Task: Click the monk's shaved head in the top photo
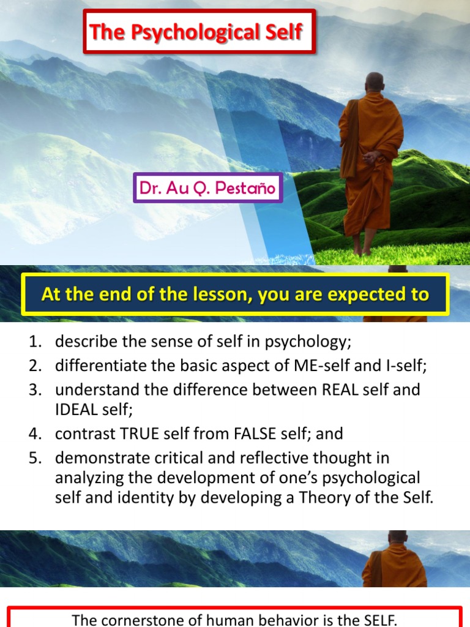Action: tap(375, 82)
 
